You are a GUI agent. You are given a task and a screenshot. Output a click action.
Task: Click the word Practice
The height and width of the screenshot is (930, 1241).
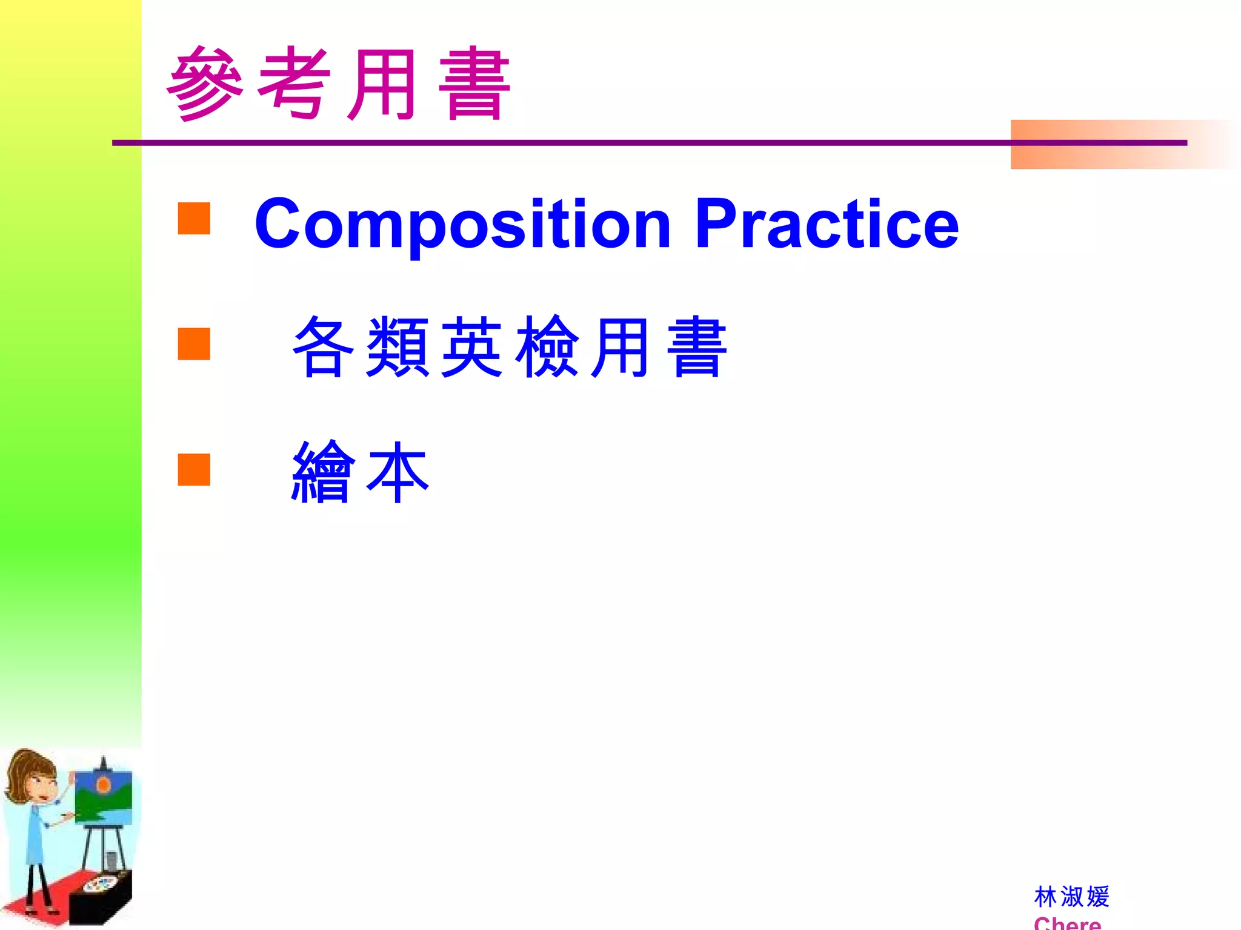827,224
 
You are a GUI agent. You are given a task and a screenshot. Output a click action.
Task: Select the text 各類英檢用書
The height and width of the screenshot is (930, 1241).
509,348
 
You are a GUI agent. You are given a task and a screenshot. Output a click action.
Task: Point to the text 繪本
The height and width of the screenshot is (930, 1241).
360,472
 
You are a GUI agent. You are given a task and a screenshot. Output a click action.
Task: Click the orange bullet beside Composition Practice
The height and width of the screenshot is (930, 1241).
194,219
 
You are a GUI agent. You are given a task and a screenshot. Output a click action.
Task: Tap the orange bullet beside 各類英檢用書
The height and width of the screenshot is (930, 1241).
194,344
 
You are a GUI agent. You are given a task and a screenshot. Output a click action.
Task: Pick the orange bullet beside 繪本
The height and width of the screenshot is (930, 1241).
194,470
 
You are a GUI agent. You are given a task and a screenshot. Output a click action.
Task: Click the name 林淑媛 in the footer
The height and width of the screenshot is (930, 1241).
1071,897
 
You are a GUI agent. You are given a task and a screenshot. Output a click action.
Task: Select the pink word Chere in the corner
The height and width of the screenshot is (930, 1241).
1067,923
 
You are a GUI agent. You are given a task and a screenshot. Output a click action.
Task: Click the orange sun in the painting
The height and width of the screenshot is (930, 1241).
104,785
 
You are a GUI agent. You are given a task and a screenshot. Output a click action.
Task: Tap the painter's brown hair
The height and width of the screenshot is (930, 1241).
27,769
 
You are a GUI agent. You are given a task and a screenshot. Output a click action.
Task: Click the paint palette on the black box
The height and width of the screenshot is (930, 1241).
99,885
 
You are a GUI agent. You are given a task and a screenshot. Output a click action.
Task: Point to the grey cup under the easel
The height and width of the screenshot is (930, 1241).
111,860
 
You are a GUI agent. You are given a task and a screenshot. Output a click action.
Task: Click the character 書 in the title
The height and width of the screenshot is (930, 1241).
475,85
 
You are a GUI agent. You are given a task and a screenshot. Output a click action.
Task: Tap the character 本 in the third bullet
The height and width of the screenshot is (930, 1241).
398,472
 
